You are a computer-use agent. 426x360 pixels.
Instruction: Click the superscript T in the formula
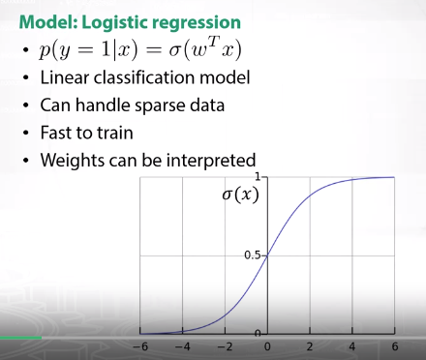tap(215, 42)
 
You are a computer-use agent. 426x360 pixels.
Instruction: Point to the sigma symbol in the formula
tap(174, 51)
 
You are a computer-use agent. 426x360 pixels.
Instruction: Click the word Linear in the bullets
tap(65, 77)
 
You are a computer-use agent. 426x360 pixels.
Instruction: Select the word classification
tap(144, 77)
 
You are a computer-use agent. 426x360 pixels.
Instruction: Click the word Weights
tap(73, 161)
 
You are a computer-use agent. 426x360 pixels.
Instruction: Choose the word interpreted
tap(211, 161)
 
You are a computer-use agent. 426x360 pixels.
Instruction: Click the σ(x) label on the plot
tap(240, 195)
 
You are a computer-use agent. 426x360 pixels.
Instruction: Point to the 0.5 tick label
tap(253, 255)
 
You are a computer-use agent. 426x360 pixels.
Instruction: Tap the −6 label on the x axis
tap(140, 346)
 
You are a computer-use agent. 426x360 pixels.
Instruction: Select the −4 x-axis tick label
tap(183, 346)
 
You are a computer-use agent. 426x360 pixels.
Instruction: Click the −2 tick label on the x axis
tap(225, 346)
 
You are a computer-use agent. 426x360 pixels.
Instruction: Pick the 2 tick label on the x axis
tap(310, 346)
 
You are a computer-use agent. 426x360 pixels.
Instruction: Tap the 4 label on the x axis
tap(352, 346)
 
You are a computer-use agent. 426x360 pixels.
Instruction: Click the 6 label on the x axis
tap(395, 346)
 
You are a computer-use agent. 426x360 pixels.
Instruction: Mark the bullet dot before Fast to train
tap(26, 134)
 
